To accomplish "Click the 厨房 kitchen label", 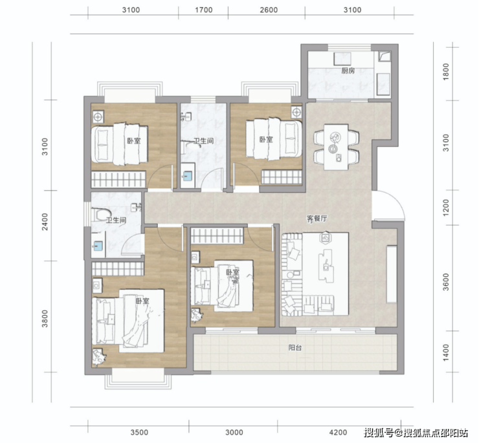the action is tap(348, 71).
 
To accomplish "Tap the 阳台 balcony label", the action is tap(295, 347).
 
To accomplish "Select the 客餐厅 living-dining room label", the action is tap(317, 219).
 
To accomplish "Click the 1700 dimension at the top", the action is tap(204, 10).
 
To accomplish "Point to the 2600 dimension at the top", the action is tap(269, 10).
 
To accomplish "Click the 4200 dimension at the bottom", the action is tap(338, 432).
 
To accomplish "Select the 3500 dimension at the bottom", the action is tap(139, 432).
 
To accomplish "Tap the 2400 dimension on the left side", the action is tap(45, 222).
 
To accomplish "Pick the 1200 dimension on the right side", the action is tap(446, 208).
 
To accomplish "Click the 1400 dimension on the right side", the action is tap(446, 352).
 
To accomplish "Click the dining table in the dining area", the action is tap(336, 147).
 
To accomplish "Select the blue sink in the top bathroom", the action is tap(188, 175).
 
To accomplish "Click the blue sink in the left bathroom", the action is tap(98, 244).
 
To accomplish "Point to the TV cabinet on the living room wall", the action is tap(392, 274).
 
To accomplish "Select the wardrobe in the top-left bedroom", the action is tap(118, 179).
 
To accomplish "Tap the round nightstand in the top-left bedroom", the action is tap(98, 116).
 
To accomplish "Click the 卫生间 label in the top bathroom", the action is tap(203, 141).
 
